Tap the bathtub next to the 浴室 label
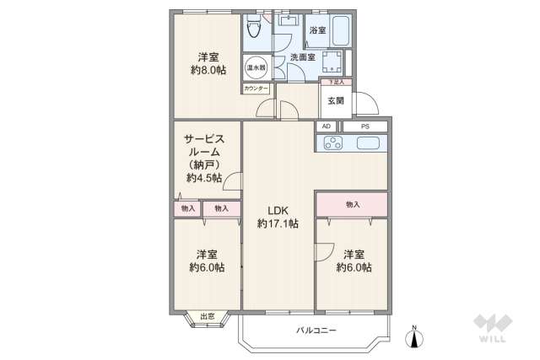click(340, 31)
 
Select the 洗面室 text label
click(302, 57)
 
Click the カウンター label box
click(256, 89)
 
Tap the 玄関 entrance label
click(335, 101)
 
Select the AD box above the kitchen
click(327, 126)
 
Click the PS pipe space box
click(364, 126)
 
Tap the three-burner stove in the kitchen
click(330, 142)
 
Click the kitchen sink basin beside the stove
click(368, 142)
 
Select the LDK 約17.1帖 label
click(279, 217)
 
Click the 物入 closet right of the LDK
click(352, 204)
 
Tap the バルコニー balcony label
click(316, 330)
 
